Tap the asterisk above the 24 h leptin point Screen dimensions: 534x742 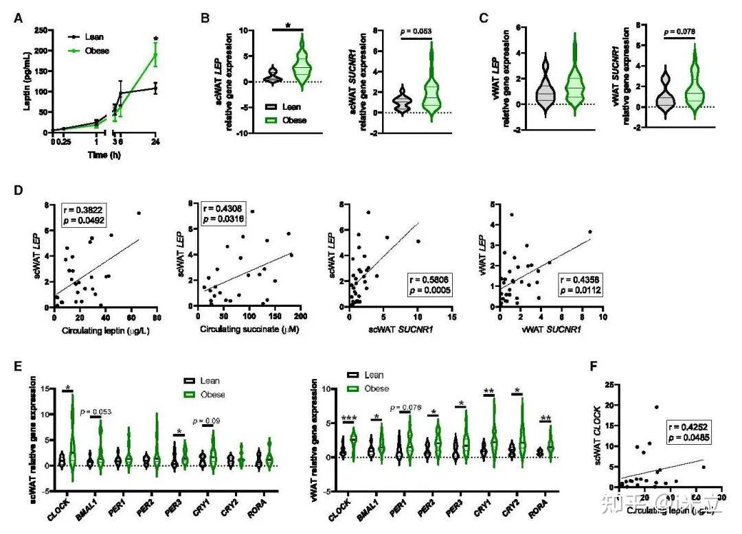tap(157, 39)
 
